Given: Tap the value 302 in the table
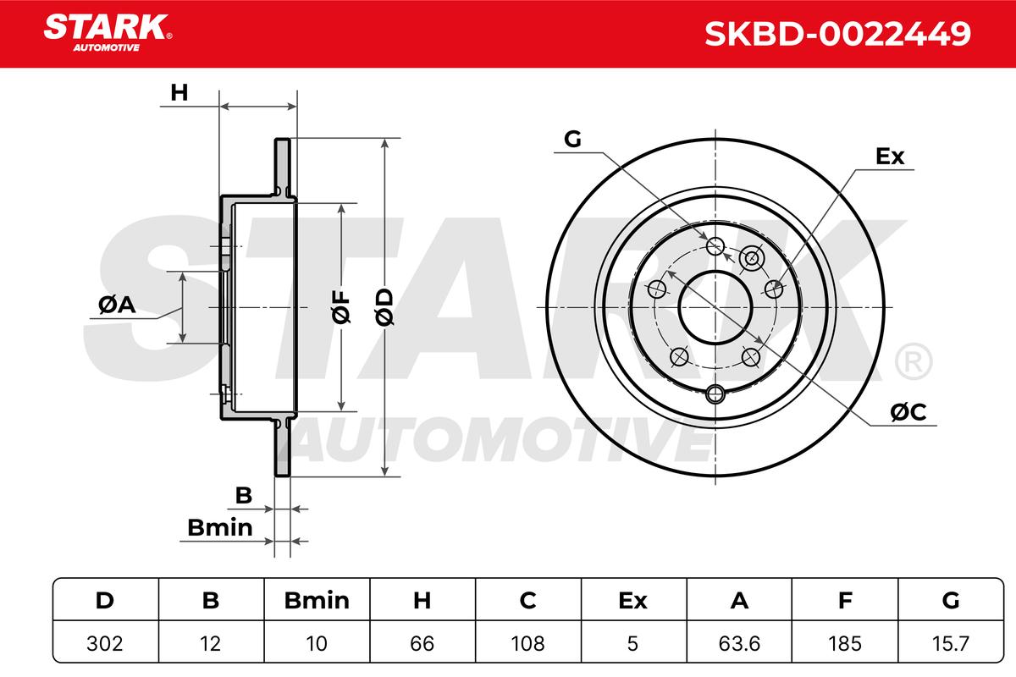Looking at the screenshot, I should [x=105, y=644].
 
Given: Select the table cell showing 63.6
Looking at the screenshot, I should [x=739, y=644].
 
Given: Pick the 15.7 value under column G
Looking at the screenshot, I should [x=951, y=644].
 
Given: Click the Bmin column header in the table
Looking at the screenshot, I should [x=317, y=601].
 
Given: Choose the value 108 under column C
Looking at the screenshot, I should [x=527, y=644].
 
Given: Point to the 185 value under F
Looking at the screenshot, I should [x=845, y=644].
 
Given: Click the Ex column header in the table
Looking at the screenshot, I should [x=633, y=601].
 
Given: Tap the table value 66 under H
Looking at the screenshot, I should [x=422, y=644].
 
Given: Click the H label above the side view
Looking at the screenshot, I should [x=179, y=93].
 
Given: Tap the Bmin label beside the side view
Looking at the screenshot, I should [x=219, y=528].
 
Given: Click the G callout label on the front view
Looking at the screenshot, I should [x=572, y=140].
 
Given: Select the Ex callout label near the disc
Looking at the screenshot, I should [x=890, y=157].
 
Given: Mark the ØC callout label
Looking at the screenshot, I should [x=908, y=412].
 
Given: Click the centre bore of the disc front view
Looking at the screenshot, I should [x=716, y=307].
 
